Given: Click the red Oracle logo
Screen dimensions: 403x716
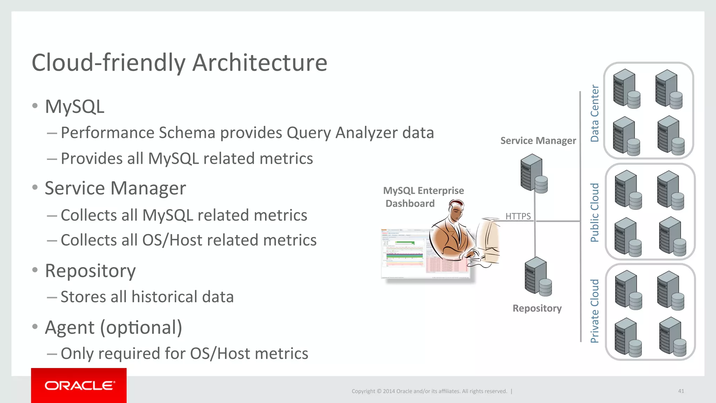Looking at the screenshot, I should (x=79, y=386).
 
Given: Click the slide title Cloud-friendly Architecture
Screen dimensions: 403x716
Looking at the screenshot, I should (x=179, y=63).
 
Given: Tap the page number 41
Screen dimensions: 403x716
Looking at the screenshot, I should (x=681, y=391).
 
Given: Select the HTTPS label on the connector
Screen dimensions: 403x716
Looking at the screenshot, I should (x=518, y=216).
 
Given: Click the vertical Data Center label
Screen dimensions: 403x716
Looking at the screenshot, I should (x=594, y=113).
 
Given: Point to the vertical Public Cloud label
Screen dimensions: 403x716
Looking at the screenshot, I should (x=594, y=212).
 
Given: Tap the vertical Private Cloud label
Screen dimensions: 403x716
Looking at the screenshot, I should (x=594, y=311).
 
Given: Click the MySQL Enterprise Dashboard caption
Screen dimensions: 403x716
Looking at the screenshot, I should (x=423, y=197).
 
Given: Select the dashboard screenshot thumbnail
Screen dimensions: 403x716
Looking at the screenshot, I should (x=406, y=254).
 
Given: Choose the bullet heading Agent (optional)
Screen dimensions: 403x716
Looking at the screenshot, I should (x=113, y=327).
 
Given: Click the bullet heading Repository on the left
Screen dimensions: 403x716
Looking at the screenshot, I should (x=90, y=271).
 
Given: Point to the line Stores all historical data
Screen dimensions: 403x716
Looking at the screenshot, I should (x=147, y=297).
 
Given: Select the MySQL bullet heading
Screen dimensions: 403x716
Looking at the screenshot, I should (x=74, y=107).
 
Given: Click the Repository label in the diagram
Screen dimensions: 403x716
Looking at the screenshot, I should (x=537, y=308).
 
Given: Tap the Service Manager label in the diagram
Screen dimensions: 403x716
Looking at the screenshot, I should (x=538, y=141).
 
